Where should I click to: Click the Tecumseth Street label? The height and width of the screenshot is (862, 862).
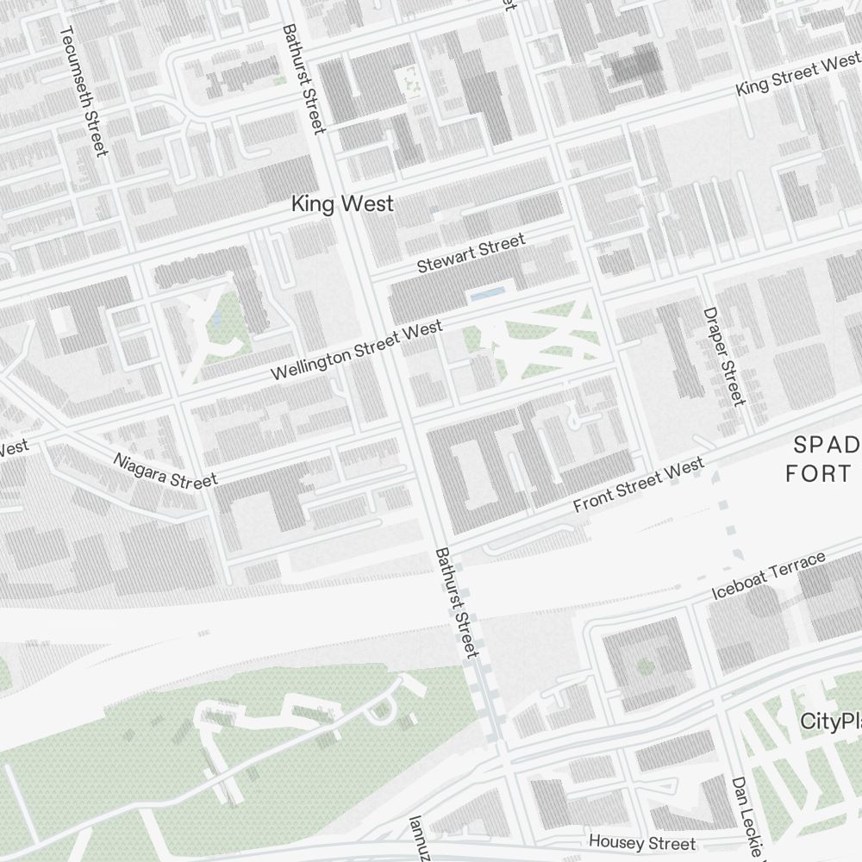(x=84, y=91)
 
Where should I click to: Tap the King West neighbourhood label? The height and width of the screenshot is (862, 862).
(x=342, y=204)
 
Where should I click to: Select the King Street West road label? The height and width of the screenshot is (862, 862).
(x=798, y=75)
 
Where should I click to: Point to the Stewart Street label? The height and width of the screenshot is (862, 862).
(x=471, y=254)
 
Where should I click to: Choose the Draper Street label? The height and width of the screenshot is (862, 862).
(x=723, y=356)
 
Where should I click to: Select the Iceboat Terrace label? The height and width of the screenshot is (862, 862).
(x=770, y=577)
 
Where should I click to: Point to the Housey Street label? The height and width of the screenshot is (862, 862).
(x=641, y=841)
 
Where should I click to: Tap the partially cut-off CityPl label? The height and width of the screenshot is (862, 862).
(x=830, y=721)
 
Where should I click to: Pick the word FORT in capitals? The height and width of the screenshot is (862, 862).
(x=819, y=473)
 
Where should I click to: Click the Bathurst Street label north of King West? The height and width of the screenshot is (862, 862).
(x=304, y=78)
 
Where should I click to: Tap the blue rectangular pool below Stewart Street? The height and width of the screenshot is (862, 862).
(x=486, y=295)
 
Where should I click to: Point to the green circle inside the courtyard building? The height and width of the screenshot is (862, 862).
(x=645, y=665)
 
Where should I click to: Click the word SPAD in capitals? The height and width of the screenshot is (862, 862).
(x=826, y=445)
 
